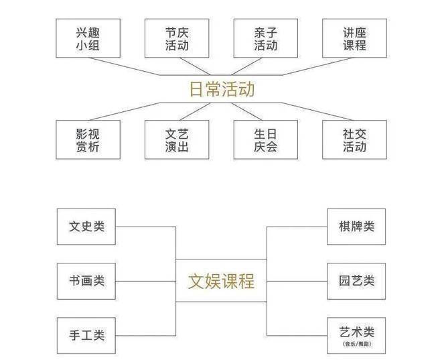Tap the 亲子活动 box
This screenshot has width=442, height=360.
tap(265, 38)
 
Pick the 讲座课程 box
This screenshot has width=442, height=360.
tap(354, 38)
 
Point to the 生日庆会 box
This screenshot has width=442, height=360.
tap(265, 139)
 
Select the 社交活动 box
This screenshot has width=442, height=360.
tap(354, 139)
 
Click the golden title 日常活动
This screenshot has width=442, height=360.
tap(221, 89)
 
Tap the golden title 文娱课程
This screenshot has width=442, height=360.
tap(221, 280)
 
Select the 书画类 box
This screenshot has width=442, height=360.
tap(87, 280)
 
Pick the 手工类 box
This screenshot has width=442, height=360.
tap(87, 334)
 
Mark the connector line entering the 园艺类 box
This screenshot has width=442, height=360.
tap(298, 280)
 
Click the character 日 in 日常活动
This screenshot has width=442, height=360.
tap(196, 89)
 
